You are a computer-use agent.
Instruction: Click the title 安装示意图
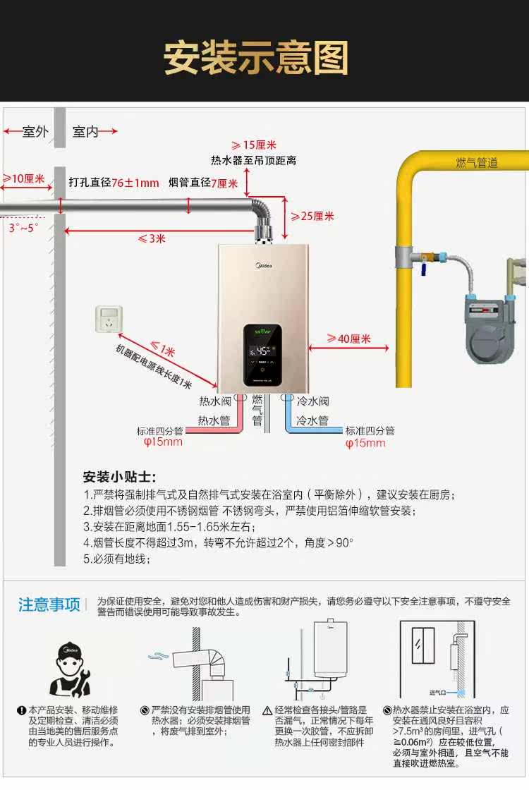coord(257,58)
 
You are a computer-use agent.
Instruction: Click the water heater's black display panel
coord(264,355)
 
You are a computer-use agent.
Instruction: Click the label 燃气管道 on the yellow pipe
coord(477,163)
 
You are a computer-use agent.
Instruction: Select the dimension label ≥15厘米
coord(254,145)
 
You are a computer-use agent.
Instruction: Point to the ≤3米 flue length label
coord(151,238)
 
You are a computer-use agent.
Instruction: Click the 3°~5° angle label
coord(24,228)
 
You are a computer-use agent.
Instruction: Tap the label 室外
coord(35,132)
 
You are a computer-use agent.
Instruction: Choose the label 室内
coord(86,132)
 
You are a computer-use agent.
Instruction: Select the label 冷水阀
coord(312,402)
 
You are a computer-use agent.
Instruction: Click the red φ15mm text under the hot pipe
coord(163,442)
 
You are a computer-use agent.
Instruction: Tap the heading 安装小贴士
coord(120,477)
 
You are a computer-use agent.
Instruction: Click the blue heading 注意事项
coord(49,604)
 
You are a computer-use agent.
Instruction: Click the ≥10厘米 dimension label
coord(23,179)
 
